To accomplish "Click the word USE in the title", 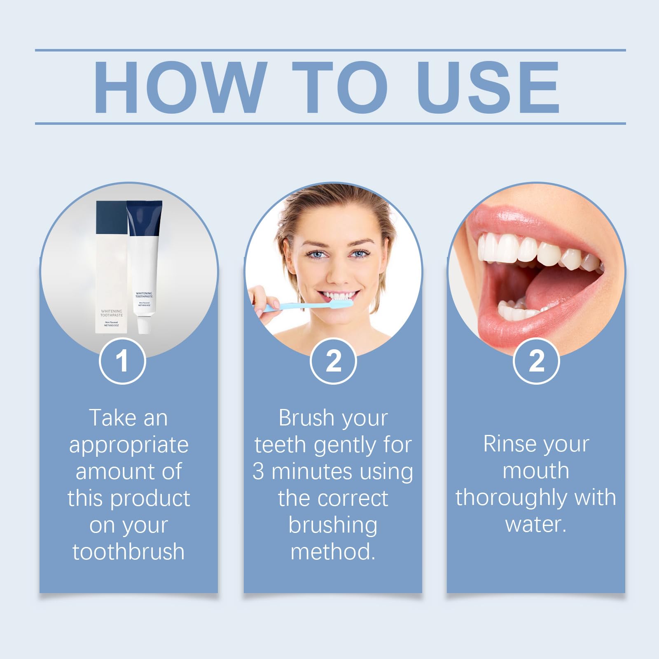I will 488,87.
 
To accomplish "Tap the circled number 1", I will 122,361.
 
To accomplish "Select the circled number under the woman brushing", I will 333,361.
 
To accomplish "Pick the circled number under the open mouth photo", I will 536,361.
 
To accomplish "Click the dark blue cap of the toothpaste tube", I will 144,218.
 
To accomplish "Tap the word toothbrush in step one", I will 129,552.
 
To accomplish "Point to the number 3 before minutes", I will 258,472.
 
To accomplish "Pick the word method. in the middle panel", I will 333,552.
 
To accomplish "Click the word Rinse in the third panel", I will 507,444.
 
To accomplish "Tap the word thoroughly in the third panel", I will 513,498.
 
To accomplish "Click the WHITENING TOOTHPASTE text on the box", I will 111,313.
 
